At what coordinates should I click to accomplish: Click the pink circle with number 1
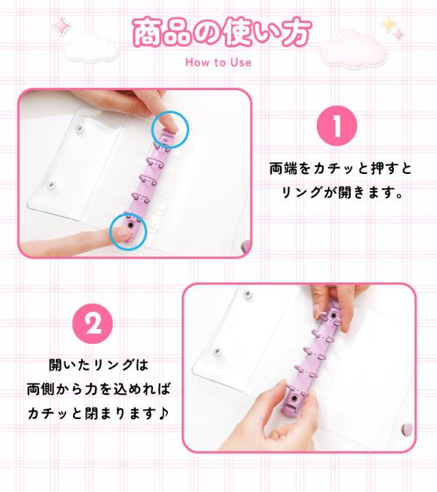[x=337, y=126]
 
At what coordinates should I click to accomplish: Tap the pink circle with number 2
[x=92, y=323]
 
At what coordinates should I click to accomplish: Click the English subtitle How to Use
[x=218, y=63]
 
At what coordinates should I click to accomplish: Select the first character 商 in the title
[x=147, y=31]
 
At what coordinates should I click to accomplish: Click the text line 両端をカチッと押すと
[x=340, y=168]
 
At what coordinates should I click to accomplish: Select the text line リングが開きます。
[x=340, y=192]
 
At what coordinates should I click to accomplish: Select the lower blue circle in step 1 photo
[x=128, y=231]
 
